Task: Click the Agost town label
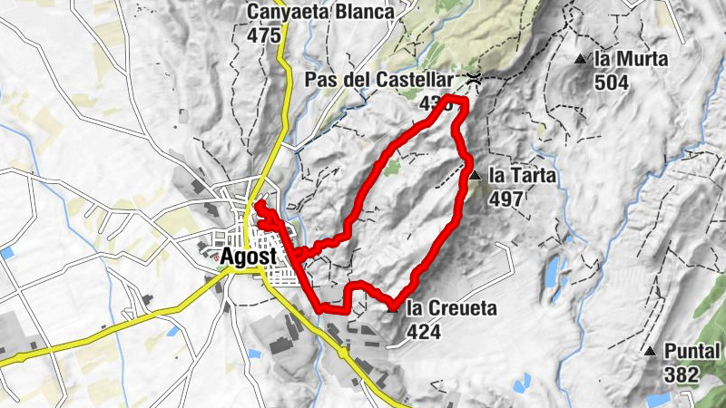[247, 257]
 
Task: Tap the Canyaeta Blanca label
[321, 14]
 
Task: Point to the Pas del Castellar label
[383, 80]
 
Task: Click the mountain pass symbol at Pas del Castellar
[473, 80]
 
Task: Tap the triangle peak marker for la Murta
[581, 60]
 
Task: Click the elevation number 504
[613, 82]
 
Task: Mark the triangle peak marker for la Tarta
[475, 175]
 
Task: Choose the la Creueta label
[451, 309]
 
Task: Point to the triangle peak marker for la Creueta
[393, 308]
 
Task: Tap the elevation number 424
[424, 332]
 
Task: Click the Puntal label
[692, 352]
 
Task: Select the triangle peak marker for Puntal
[650, 351]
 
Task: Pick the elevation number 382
[681, 374]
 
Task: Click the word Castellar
[414, 80]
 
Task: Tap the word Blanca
[364, 14]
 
